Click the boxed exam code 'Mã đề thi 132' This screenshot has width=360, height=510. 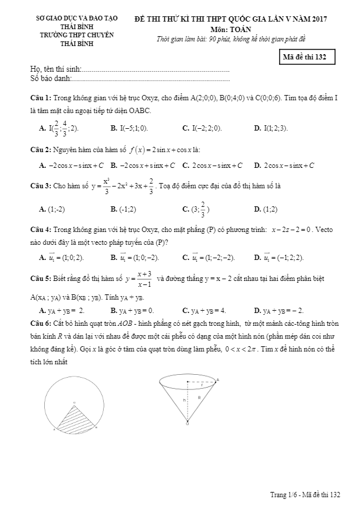(x=306, y=57)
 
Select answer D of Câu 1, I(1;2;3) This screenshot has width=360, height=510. (x=271, y=128)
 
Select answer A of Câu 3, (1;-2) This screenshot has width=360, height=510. (x=52, y=209)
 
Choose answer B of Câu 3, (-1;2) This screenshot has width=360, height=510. (x=123, y=209)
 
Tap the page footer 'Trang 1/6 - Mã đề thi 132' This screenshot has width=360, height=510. (x=305, y=495)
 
